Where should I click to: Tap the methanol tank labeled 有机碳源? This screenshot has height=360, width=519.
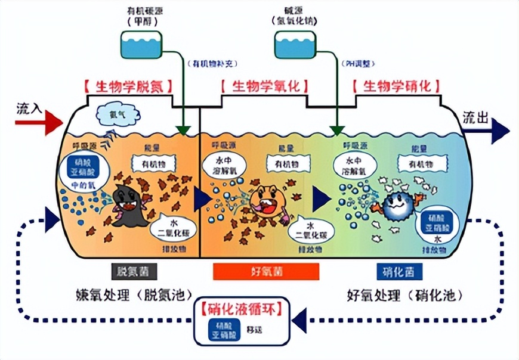point(141,44)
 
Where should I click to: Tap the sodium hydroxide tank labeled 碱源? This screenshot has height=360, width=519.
point(294,44)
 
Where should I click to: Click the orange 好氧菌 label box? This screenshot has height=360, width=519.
point(265,272)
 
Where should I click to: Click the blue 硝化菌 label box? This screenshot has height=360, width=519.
point(399,272)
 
